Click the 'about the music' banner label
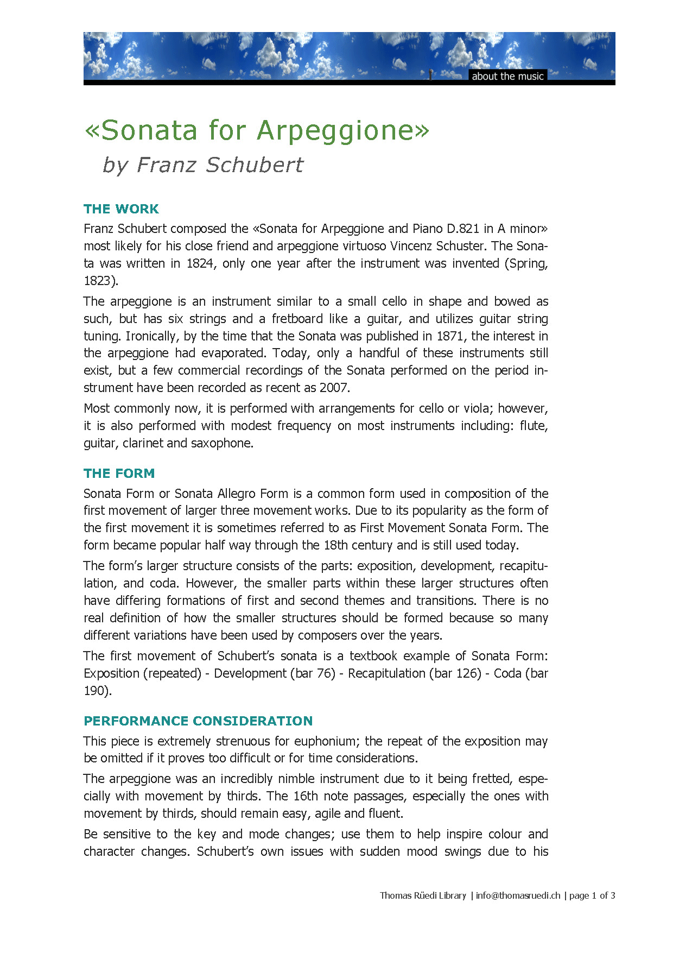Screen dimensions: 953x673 (x=507, y=76)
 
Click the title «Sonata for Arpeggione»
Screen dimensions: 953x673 (x=257, y=130)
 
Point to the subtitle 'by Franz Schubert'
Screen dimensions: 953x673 (x=203, y=165)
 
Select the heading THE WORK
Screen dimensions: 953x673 (x=121, y=209)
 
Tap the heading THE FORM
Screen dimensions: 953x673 (x=119, y=474)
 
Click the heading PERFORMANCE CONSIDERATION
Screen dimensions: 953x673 (x=198, y=721)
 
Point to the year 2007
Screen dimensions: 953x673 (x=333, y=388)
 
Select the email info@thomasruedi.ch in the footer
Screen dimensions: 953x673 (x=518, y=895)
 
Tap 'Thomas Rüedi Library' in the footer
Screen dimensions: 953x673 (x=423, y=895)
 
